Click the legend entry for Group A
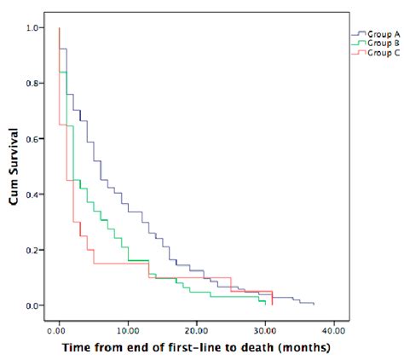pos(378,35)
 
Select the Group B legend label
pos(378,44)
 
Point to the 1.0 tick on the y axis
pos(32,28)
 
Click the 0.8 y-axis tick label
pos(32,84)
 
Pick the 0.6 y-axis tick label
pos(32,139)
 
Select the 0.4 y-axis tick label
pos(32,195)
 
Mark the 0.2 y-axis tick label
pos(32,250)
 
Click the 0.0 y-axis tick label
pos(32,305)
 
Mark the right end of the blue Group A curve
pos(314,304)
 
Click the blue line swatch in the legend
pos(358,35)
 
